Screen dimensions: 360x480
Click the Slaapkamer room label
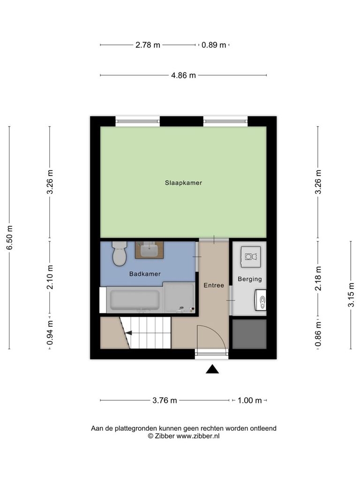(x=183, y=183)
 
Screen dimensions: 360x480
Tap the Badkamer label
(x=145, y=274)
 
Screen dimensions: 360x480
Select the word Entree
(x=214, y=285)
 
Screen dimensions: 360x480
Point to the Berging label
(x=250, y=279)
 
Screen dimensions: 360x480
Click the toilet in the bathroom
(x=120, y=254)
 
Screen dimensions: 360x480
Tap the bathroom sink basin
(x=150, y=250)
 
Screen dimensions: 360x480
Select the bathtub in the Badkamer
(x=135, y=300)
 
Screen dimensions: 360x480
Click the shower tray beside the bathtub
(x=179, y=298)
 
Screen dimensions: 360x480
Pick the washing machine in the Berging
(x=251, y=257)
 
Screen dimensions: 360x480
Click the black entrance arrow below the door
(x=212, y=369)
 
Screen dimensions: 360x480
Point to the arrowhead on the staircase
(x=128, y=333)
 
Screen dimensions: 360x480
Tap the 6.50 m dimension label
(x=9, y=237)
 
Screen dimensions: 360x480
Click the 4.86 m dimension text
(x=183, y=75)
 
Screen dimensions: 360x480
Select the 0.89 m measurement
(x=214, y=45)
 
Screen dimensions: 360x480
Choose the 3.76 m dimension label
(x=165, y=400)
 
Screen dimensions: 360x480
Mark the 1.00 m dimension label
(x=250, y=400)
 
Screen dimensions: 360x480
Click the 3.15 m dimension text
(x=351, y=294)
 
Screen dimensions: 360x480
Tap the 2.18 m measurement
(x=318, y=278)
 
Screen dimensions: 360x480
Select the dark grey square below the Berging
(x=249, y=334)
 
